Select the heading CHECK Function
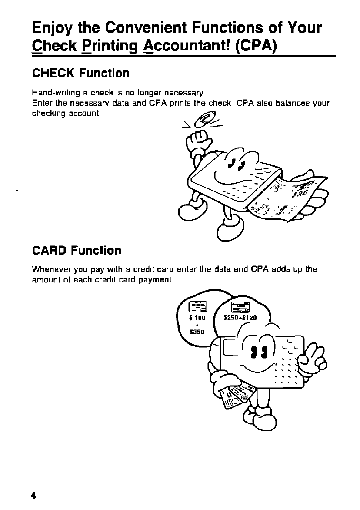click(81, 73)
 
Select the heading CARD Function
click(77, 251)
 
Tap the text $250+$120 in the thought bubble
click(240, 318)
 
